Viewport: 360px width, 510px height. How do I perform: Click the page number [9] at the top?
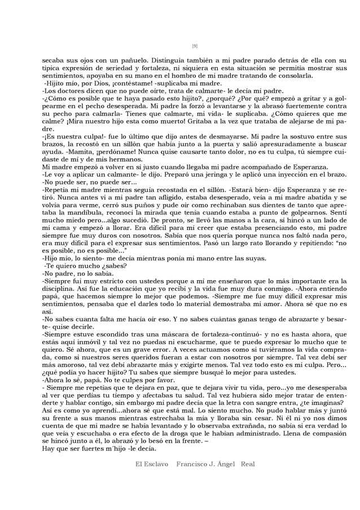click(x=195, y=46)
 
